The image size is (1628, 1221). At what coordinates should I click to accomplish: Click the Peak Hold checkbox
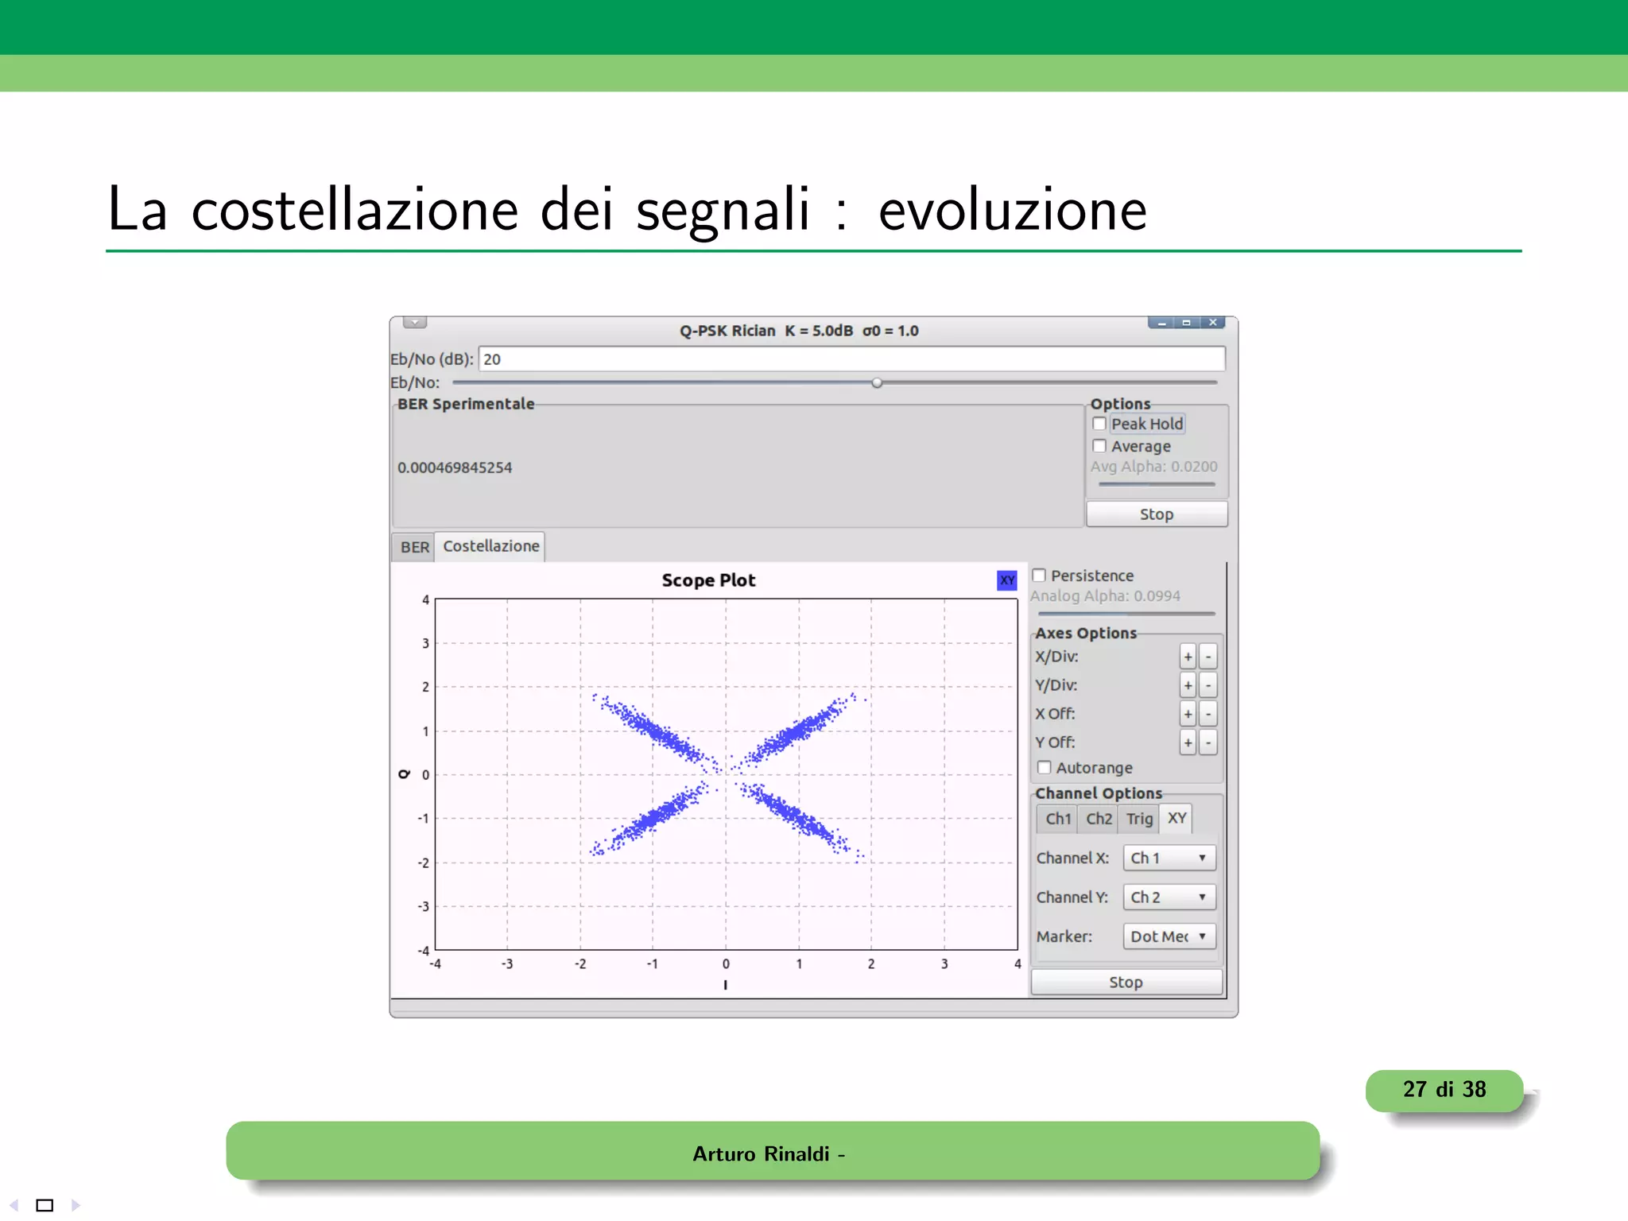[x=1099, y=424]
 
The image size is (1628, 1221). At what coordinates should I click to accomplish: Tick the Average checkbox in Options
[x=1099, y=446]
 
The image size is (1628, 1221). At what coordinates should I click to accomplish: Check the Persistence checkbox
[x=1039, y=576]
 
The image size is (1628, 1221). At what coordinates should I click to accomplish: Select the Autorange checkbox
[x=1045, y=768]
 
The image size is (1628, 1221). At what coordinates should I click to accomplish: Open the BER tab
[x=414, y=547]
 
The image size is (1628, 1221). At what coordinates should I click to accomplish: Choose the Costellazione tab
[x=490, y=546]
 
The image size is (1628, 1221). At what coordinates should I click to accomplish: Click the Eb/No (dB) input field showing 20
[x=851, y=359]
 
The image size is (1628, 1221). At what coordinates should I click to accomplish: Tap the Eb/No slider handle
[x=877, y=383]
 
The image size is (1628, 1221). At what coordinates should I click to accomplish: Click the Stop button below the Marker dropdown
[x=1126, y=983]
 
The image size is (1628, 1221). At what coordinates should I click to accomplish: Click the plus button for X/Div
[x=1188, y=657]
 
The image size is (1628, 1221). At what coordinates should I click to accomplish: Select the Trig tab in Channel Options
[x=1139, y=819]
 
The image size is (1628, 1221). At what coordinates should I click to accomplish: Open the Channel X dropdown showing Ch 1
[x=1169, y=858]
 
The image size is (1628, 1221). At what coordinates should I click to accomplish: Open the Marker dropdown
[x=1169, y=936]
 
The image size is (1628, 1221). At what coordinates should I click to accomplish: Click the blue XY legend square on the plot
[x=1007, y=580]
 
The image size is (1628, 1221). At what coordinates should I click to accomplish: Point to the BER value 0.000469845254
[x=455, y=468]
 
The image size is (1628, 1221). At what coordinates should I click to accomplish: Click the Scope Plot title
[x=708, y=580]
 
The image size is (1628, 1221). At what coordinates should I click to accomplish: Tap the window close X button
[x=1213, y=323]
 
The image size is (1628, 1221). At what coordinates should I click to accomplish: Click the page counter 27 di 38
[x=1444, y=1090]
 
